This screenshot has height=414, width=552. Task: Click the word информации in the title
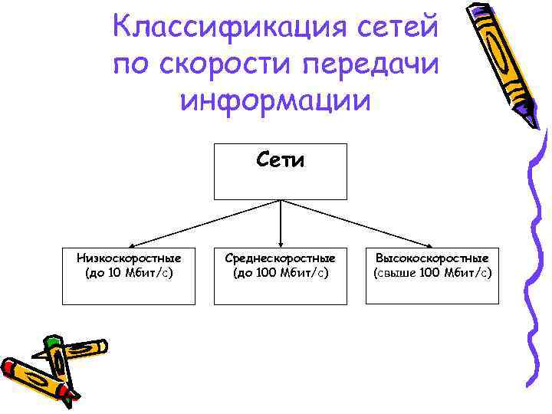tap(275, 100)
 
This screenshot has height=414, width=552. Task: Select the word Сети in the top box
tap(280, 161)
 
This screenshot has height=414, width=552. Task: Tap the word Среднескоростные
tap(280, 259)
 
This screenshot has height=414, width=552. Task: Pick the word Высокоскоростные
tap(432, 259)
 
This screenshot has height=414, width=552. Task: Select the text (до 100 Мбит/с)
tap(280, 272)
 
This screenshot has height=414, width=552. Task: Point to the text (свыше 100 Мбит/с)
tap(432, 272)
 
